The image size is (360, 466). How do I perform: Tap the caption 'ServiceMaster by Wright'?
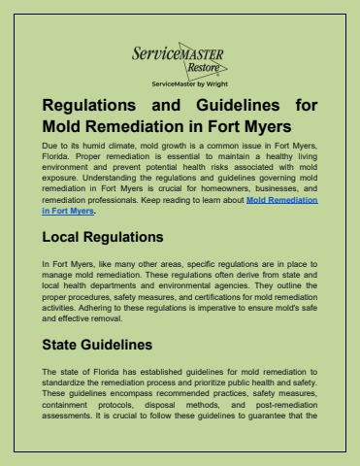[180, 85]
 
